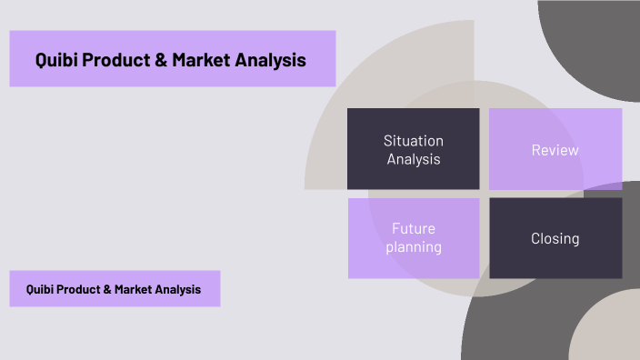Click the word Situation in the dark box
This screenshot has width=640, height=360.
point(414,141)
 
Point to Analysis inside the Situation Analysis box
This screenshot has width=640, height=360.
point(414,159)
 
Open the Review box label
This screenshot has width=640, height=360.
point(555,150)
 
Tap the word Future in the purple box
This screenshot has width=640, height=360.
point(414,229)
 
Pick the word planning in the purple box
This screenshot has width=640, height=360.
point(414,246)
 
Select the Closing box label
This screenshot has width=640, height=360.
point(555,238)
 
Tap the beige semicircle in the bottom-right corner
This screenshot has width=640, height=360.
point(609,332)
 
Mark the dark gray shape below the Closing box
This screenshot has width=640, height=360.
point(518,318)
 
